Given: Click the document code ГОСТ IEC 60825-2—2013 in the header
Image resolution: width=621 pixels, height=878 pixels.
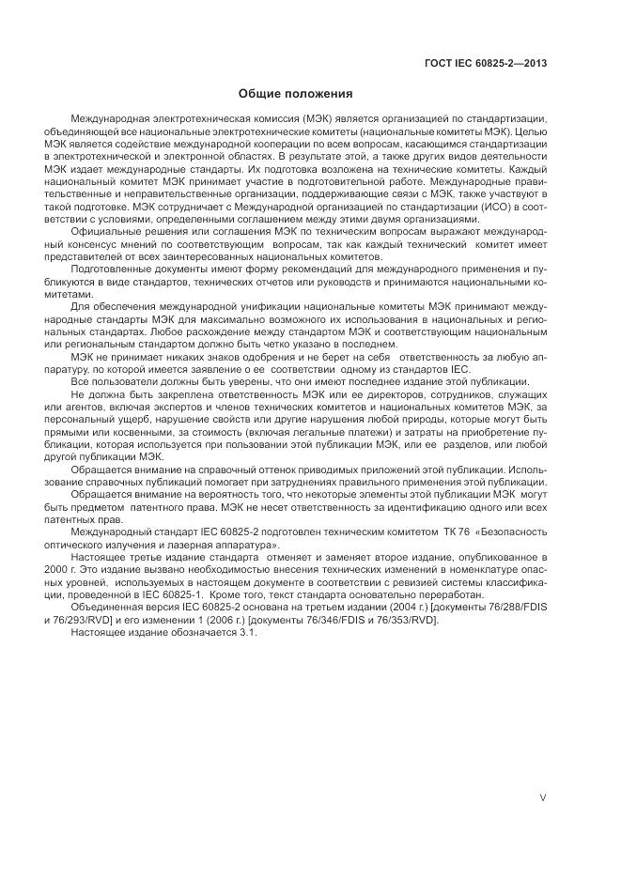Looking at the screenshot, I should pos(488,65).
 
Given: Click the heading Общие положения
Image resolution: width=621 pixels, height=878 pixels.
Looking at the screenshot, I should pos(295,94).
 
